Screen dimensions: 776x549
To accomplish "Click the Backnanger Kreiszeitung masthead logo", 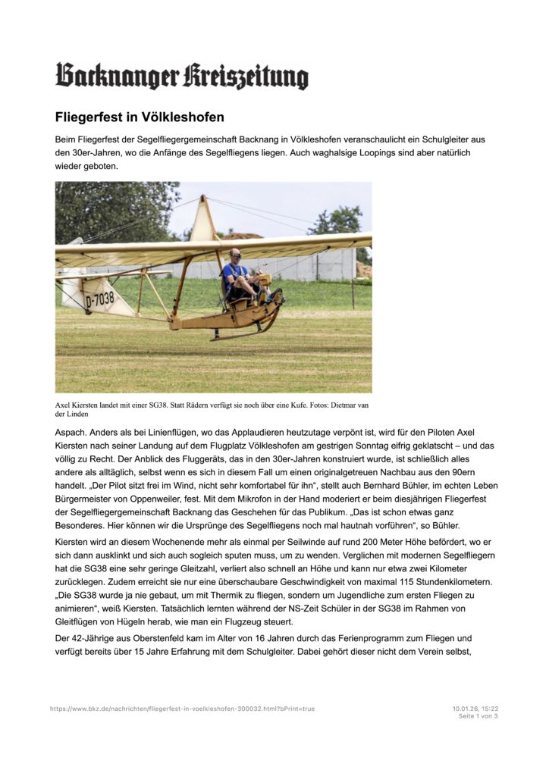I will click(182, 76).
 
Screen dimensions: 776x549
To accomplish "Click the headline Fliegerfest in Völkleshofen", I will click(140, 117).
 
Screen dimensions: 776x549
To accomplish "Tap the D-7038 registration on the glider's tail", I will click(100, 299).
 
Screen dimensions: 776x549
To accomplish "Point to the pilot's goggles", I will click(236, 255).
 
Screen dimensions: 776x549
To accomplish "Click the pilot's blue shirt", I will click(231, 271).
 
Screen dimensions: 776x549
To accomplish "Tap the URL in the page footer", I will click(182, 709).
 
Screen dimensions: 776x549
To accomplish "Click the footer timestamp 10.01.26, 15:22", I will click(475, 709).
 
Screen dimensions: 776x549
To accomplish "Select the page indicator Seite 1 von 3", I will click(478, 715).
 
